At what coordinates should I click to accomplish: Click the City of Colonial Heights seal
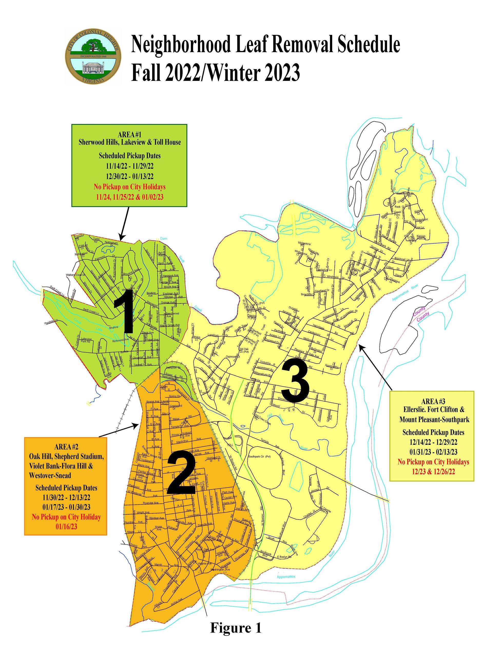click(93, 56)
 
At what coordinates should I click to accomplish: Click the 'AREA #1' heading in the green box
click(130, 134)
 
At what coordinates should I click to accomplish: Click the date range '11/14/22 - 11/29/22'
click(130, 166)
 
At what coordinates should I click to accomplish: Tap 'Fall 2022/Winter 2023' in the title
click(216, 73)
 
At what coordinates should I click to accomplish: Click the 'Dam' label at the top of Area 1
click(163, 239)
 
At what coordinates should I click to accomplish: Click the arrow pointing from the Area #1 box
click(124, 223)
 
